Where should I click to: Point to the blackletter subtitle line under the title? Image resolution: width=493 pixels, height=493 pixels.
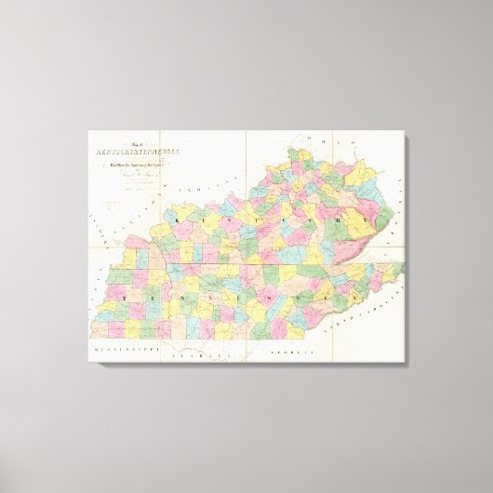(x=140, y=168)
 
